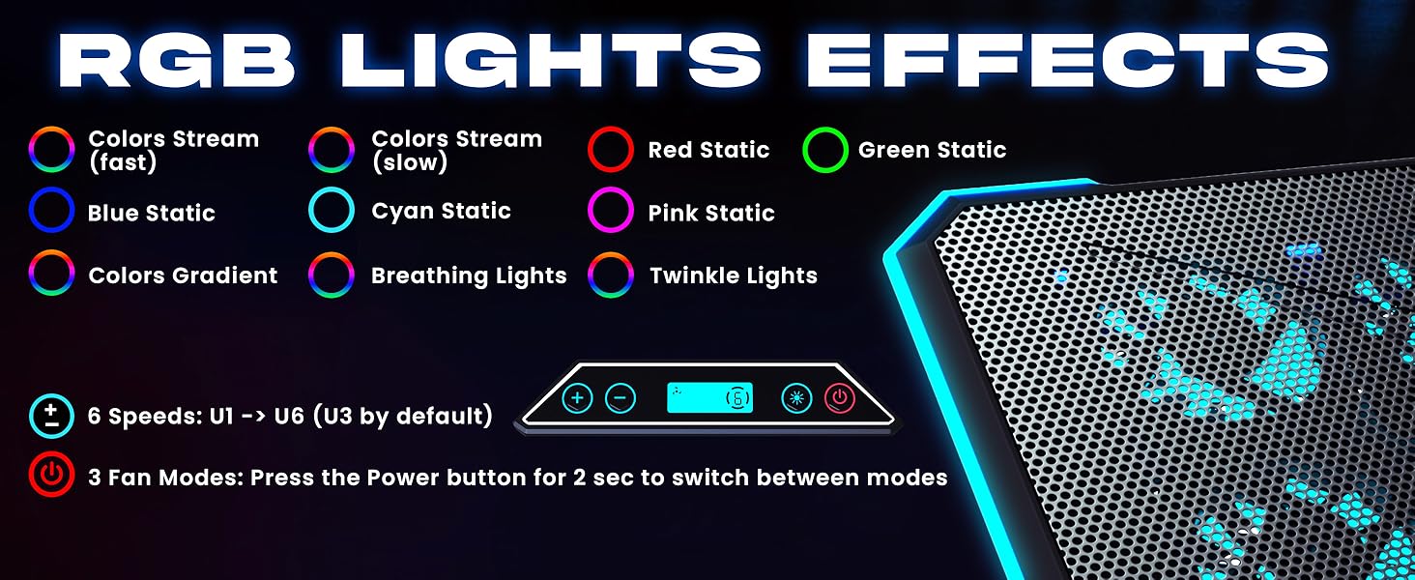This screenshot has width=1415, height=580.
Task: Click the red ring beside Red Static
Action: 611,150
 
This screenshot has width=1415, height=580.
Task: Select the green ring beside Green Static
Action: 825,150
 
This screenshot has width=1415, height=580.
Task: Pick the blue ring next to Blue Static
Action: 52,212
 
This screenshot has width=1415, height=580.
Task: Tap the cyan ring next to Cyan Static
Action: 332,211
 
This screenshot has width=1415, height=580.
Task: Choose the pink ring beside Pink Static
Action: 611,212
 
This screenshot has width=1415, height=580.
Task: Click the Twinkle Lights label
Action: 733,276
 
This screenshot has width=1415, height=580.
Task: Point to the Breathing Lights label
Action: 468,276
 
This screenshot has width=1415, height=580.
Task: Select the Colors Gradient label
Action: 183,276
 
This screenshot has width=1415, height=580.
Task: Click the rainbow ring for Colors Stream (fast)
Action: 52,150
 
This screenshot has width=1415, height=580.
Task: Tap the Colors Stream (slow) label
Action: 456,150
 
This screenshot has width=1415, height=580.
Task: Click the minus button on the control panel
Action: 621,397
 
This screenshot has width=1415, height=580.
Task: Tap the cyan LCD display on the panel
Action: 708,397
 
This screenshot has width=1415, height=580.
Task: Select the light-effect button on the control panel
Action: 796,397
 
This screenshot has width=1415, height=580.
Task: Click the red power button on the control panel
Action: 840,397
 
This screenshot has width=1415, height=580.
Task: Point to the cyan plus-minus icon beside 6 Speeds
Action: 52,417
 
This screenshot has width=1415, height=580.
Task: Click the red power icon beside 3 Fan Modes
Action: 52,477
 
